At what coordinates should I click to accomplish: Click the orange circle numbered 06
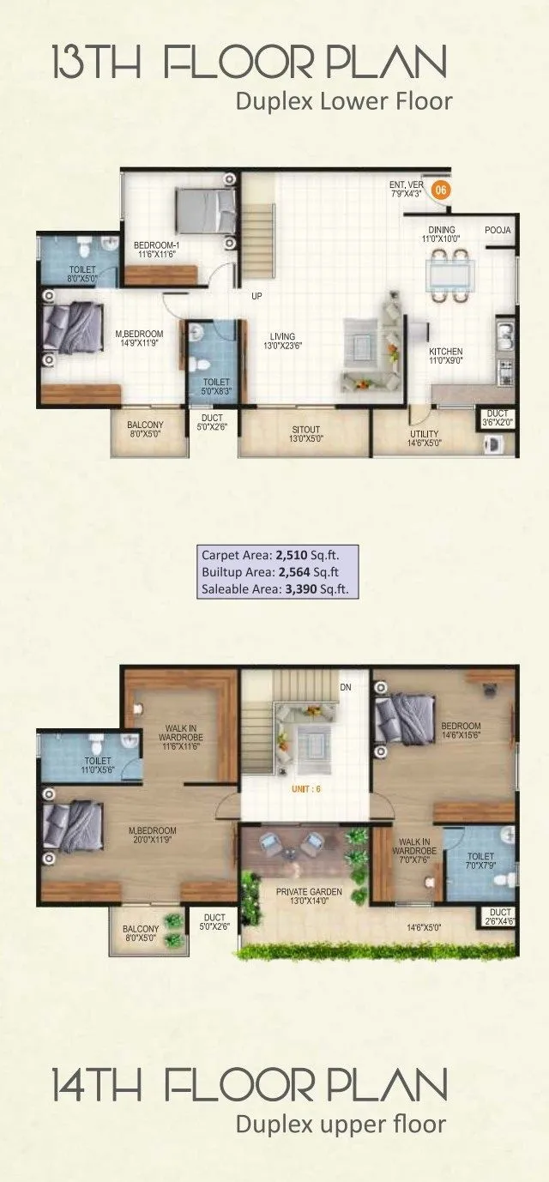tap(440, 190)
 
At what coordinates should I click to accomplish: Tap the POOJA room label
tap(498, 230)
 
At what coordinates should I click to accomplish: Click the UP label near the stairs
tap(256, 297)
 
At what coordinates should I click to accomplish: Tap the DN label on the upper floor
tap(346, 687)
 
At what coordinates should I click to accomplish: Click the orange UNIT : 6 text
tap(306, 788)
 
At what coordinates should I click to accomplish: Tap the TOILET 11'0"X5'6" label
tap(99, 765)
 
